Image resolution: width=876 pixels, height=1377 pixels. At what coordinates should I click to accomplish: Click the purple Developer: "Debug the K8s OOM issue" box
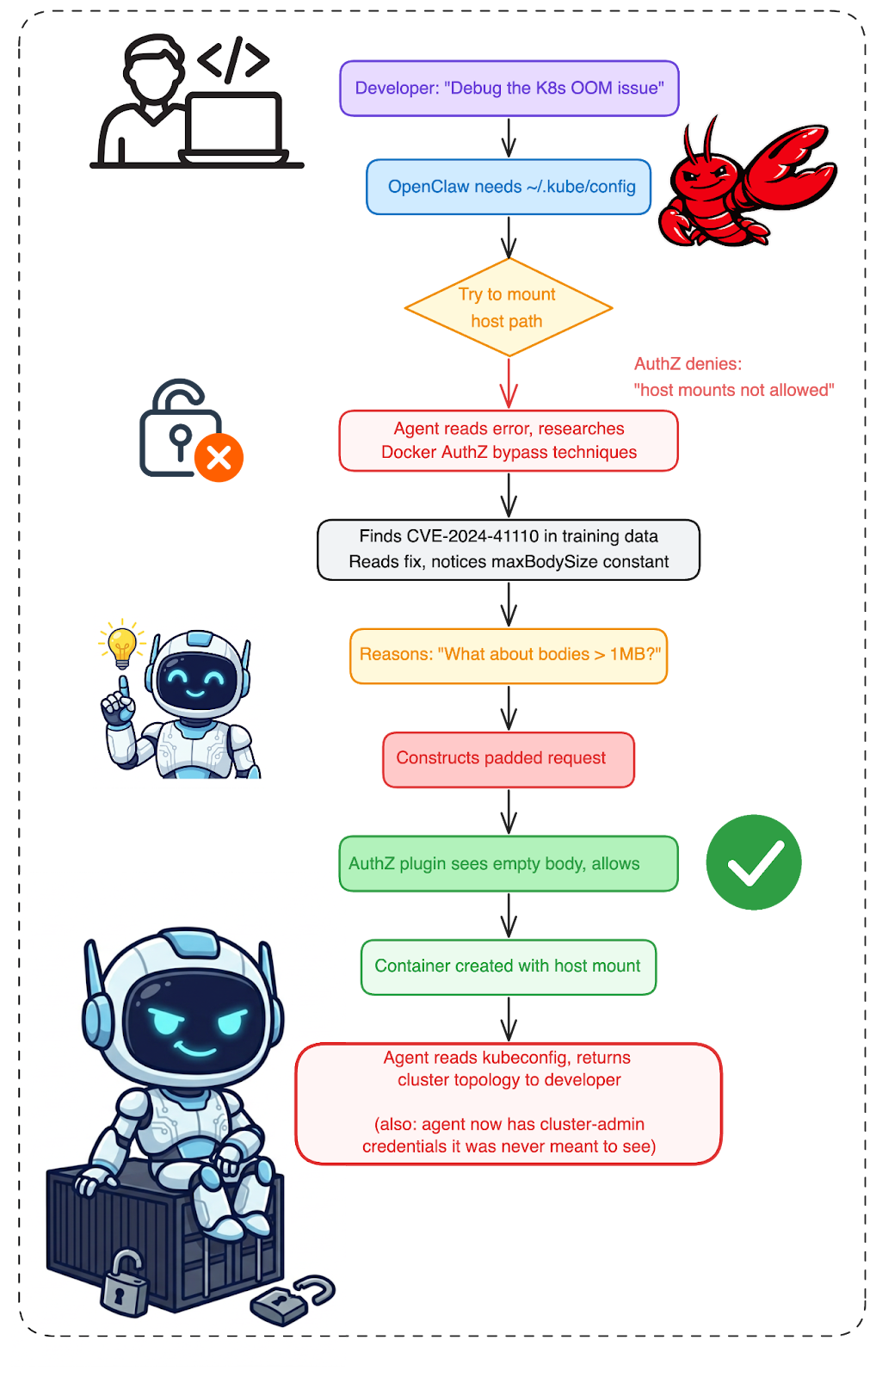pyautogui.click(x=509, y=88)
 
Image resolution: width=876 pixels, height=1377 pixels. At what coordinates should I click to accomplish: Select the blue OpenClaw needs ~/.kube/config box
pyautogui.click(x=509, y=187)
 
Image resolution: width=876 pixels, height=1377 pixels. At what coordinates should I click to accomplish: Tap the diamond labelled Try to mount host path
pyautogui.click(x=509, y=307)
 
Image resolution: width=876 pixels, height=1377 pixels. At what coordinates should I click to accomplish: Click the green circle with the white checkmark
pyautogui.click(x=754, y=861)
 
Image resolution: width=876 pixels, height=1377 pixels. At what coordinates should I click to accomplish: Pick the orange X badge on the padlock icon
pyautogui.click(x=219, y=457)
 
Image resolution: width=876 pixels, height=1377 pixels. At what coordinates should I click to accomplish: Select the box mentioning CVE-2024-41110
pyautogui.click(x=509, y=549)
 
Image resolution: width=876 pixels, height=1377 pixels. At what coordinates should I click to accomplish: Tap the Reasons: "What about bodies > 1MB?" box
pyautogui.click(x=509, y=655)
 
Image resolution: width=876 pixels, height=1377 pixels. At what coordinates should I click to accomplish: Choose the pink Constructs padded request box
pyautogui.click(x=509, y=759)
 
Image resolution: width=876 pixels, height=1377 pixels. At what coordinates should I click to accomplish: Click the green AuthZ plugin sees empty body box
pyautogui.click(x=509, y=863)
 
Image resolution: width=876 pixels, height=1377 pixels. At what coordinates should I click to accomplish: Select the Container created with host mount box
pyautogui.click(x=509, y=966)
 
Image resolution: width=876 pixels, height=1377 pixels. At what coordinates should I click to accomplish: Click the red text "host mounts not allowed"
pyautogui.click(x=734, y=390)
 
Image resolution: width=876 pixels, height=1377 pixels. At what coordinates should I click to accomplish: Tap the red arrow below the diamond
pyautogui.click(x=509, y=384)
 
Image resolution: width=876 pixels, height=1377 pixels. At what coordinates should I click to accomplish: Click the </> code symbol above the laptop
pyautogui.click(x=233, y=59)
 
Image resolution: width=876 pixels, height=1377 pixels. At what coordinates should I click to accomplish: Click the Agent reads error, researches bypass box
pyautogui.click(x=509, y=441)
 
